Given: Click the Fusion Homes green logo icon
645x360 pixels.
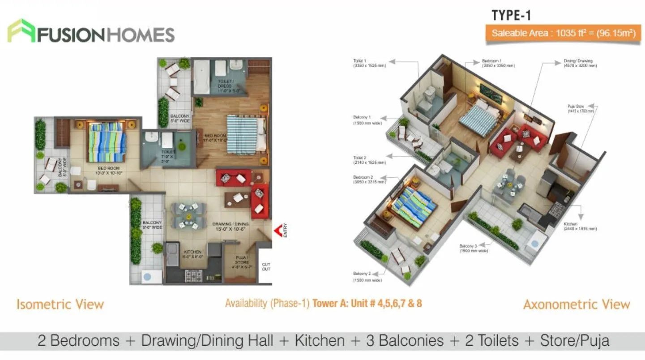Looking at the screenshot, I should pyautogui.click(x=21, y=31).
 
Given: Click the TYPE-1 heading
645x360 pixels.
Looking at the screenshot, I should pyautogui.click(x=511, y=15).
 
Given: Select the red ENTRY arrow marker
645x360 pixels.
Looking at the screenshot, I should pyautogui.click(x=279, y=231).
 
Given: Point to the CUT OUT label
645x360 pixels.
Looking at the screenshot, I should pyautogui.click(x=266, y=266).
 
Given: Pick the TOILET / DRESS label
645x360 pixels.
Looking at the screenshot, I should pyautogui.click(x=225, y=86).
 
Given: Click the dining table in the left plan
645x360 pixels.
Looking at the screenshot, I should pyautogui.click(x=188, y=216).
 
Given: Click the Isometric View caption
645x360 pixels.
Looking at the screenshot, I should pyautogui.click(x=60, y=304).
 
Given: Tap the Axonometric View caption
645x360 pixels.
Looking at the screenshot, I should pyautogui.click(x=577, y=304).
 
